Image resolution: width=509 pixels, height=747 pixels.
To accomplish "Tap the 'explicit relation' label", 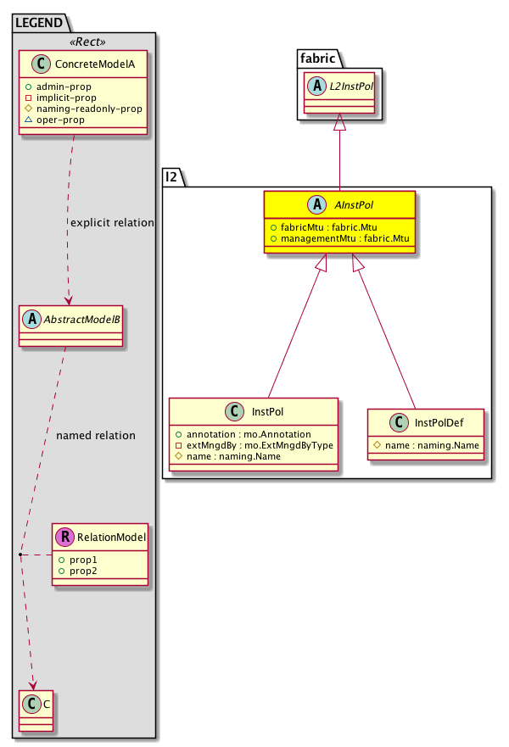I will pos(113,223).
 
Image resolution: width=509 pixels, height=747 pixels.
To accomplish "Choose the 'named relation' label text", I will pos(95,436).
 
